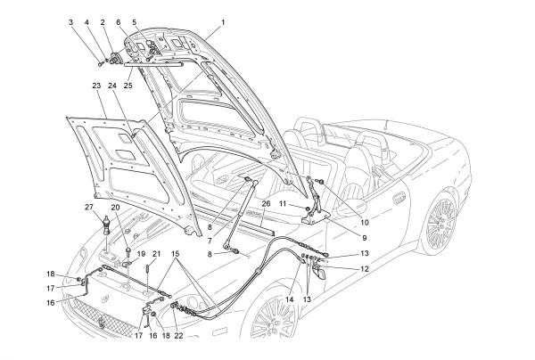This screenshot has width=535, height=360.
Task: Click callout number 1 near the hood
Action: [223, 20]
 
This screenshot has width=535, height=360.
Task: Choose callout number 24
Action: [113, 86]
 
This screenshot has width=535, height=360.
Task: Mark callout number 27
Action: [88, 208]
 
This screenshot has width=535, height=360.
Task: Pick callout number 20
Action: [115, 208]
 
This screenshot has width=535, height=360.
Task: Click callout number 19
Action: [141, 254]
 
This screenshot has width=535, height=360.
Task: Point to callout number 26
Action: [265, 203]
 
